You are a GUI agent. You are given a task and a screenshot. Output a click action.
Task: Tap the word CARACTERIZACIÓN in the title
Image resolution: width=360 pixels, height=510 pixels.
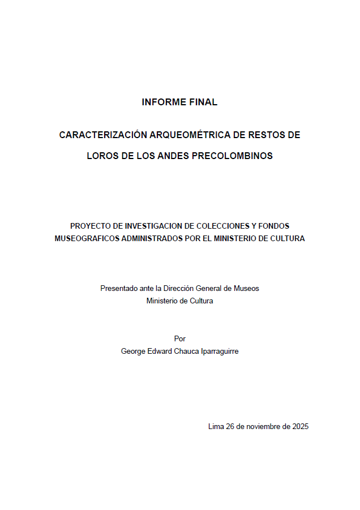pyautogui.click(x=102, y=135)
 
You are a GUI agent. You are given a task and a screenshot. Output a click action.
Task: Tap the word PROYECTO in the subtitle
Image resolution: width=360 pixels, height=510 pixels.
pyautogui.click(x=91, y=225)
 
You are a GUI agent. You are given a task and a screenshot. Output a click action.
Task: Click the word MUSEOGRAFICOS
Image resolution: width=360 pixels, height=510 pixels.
pyautogui.click(x=88, y=239)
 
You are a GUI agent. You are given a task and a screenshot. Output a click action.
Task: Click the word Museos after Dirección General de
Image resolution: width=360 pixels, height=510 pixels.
pyautogui.click(x=247, y=288)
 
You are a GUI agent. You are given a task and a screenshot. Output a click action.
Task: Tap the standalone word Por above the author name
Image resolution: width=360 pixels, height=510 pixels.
pyautogui.click(x=180, y=338)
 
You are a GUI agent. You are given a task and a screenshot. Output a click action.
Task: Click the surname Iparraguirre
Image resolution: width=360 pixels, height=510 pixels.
pyautogui.click(x=217, y=351)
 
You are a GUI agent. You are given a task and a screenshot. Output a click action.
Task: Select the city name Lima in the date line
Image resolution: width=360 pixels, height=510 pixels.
pyautogui.click(x=216, y=427)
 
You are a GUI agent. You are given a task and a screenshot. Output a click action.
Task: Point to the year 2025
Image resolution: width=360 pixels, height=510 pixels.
pyautogui.click(x=300, y=427)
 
